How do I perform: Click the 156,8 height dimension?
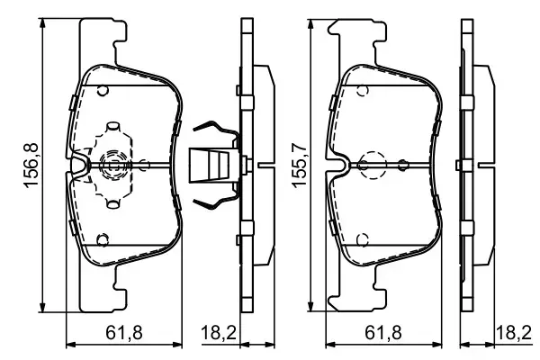[29, 164]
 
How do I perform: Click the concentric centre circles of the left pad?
[113, 165]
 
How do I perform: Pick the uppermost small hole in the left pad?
[103, 90]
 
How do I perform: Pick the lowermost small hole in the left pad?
[103, 239]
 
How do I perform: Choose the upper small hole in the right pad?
[361, 90]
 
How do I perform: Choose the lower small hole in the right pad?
[361, 239]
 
